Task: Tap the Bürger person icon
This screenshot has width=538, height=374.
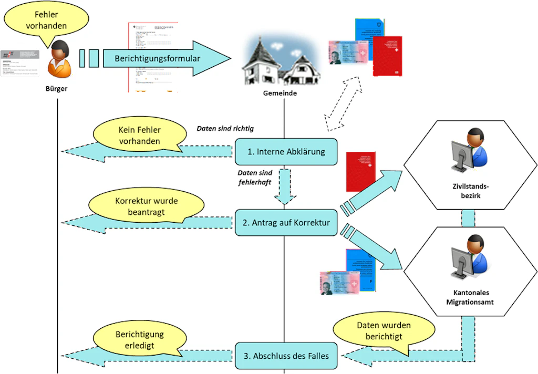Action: [x=59, y=58]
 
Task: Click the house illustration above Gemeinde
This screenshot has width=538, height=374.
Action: [x=278, y=60]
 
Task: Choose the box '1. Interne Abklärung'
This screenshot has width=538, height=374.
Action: [x=286, y=152]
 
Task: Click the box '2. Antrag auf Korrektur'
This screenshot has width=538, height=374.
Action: [x=286, y=223]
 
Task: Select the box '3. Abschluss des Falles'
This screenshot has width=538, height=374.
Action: [x=286, y=356]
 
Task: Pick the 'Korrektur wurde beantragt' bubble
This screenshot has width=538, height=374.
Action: [x=139, y=206]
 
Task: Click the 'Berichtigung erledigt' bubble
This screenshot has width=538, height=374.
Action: [x=139, y=339]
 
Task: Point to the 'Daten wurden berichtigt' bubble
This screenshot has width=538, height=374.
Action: [x=384, y=331]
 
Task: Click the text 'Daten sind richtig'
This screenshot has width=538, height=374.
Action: [x=225, y=129]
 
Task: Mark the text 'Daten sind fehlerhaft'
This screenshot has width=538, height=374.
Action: [x=254, y=177]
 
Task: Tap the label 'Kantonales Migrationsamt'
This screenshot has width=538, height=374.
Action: [x=470, y=297]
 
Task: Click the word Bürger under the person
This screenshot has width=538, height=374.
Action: [x=56, y=89]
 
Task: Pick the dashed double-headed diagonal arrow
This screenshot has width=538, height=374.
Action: [x=343, y=103]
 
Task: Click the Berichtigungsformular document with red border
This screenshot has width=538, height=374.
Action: [x=153, y=57]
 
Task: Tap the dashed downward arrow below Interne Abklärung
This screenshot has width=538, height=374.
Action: [x=286, y=186]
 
